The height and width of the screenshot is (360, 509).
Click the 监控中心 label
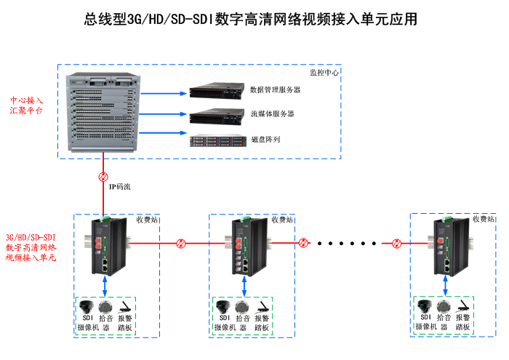click(324, 72)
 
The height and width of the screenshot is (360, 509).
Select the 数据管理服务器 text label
click(275, 90)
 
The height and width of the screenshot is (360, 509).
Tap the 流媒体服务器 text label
click(272, 114)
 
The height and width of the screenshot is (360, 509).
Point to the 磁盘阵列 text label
click(265, 138)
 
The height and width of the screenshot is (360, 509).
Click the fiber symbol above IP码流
click(103, 177)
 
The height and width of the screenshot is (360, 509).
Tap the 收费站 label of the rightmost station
click(483, 218)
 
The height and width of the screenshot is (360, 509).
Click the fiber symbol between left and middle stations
click(182, 243)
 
